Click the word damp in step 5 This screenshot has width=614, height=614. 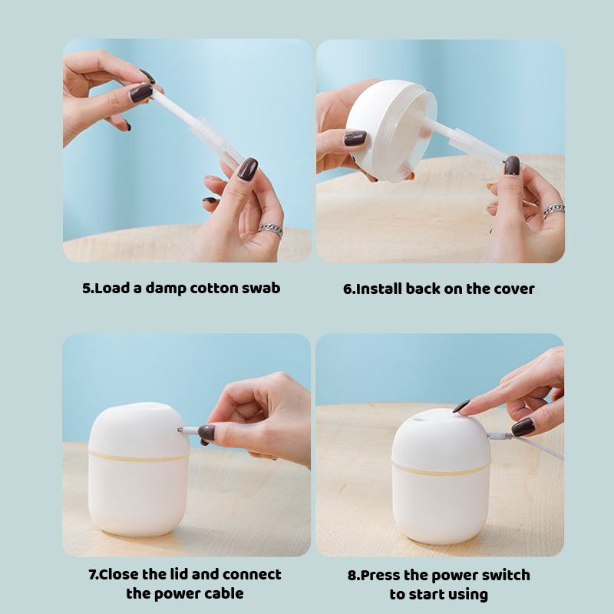[x=155, y=289]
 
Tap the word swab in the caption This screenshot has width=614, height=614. [x=259, y=289]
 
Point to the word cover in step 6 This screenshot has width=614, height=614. [x=514, y=289]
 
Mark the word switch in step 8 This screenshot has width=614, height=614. [x=505, y=576]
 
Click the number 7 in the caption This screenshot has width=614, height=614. [x=92, y=575]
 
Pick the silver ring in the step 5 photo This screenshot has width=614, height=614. [x=270, y=229]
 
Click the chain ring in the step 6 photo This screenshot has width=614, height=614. [x=554, y=209]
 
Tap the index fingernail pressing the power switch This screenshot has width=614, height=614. [x=462, y=406]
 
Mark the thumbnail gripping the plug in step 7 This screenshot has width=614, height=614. [x=206, y=433]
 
